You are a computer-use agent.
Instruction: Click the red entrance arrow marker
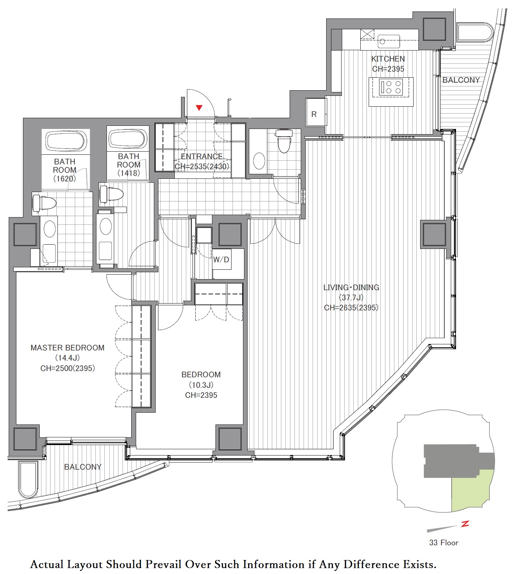pyautogui.click(x=199, y=108)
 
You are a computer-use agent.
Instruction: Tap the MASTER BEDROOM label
pyautogui.click(x=68, y=347)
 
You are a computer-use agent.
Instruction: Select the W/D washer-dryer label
pyautogui.click(x=221, y=259)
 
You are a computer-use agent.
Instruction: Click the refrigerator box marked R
pyautogui.click(x=316, y=112)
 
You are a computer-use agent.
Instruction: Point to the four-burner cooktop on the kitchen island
pyautogui.click(x=391, y=87)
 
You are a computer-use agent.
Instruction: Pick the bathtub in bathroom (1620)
pyautogui.click(x=66, y=141)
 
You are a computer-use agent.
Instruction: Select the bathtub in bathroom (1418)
pyautogui.click(x=128, y=139)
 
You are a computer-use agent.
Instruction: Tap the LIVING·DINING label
pyautogui.click(x=351, y=288)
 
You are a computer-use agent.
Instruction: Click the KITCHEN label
pyautogui.click(x=388, y=59)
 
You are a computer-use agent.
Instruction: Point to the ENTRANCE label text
pyautogui.click(x=202, y=156)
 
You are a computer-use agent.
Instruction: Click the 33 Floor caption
pyautogui.click(x=444, y=543)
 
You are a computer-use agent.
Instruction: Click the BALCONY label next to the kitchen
pyautogui.click(x=461, y=80)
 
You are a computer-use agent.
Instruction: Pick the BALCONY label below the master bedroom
pyautogui.click(x=83, y=467)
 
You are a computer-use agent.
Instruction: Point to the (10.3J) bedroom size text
pyautogui.click(x=201, y=385)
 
